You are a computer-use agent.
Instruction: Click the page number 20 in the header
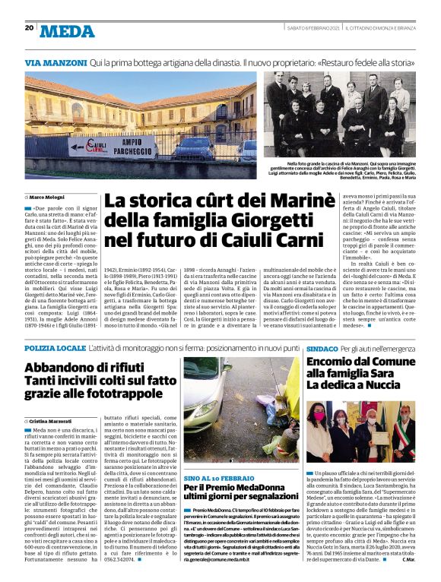point(30,28)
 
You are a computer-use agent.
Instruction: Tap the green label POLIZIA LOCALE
point(55,346)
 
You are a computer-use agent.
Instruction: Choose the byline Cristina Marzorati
point(52,420)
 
